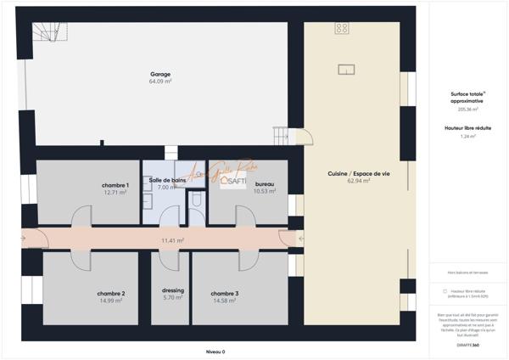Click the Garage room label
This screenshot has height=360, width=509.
160,74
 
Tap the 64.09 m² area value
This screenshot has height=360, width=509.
160,82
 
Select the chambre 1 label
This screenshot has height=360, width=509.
115,184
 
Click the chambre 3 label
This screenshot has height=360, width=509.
225,293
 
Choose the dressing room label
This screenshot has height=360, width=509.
172,290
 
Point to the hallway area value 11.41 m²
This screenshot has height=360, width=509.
173,240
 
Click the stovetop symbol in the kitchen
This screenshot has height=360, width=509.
342,29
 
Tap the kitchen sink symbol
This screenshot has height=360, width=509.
345,69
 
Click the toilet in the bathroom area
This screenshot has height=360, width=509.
196,199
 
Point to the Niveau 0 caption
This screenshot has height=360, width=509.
215,351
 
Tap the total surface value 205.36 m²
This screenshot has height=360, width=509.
467,109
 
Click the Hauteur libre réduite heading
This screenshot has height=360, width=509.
467,127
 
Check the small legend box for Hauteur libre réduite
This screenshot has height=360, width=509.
445,290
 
